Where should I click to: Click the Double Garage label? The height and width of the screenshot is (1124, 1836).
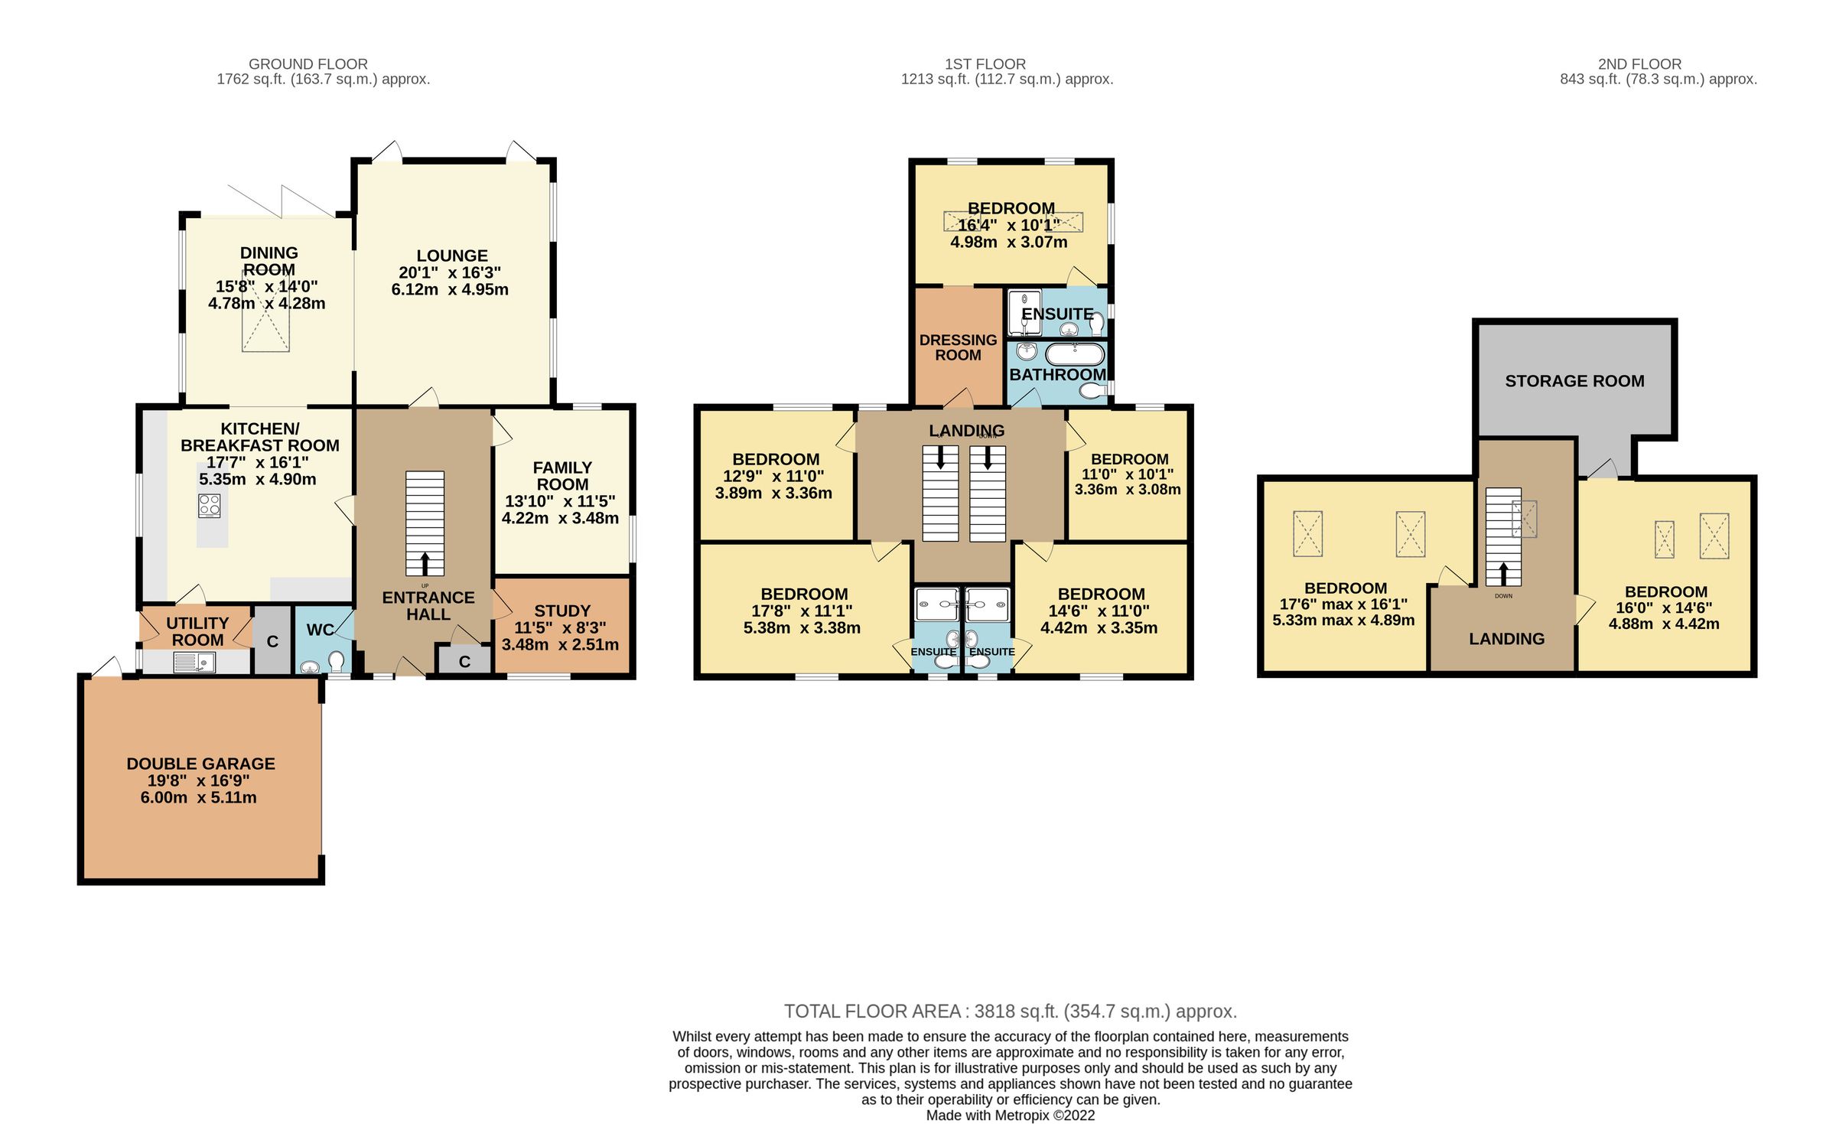click(200, 764)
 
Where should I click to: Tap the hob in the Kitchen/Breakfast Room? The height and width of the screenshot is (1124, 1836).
click(210, 506)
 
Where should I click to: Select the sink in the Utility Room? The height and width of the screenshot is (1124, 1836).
click(194, 663)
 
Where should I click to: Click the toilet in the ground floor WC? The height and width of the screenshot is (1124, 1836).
click(336, 662)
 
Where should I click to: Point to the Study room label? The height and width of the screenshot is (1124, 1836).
click(562, 611)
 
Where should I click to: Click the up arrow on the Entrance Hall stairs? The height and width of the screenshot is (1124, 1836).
click(425, 564)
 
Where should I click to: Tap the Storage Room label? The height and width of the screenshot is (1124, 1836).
click(1574, 381)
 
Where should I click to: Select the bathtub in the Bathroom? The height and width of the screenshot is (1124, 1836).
click(1075, 354)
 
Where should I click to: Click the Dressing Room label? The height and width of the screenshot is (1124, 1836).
click(958, 347)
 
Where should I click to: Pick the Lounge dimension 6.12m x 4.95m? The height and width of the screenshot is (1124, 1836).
click(450, 290)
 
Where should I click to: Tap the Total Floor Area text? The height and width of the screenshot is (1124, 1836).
click(1010, 1012)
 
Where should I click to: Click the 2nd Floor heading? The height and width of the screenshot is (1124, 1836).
click(1639, 64)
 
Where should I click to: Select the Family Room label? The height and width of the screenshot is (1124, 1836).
click(562, 476)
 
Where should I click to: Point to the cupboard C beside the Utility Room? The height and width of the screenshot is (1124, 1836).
click(272, 642)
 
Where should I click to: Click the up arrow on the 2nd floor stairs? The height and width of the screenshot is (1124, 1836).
click(1503, 574)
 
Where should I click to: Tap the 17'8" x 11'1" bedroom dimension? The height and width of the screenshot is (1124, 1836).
click(802, 611)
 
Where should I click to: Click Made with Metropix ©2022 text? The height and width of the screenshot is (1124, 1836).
click(1010, 1116)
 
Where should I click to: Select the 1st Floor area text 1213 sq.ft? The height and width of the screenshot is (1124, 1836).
click(1007, 80)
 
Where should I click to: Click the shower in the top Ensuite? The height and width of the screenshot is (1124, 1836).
click(1024, 314)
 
